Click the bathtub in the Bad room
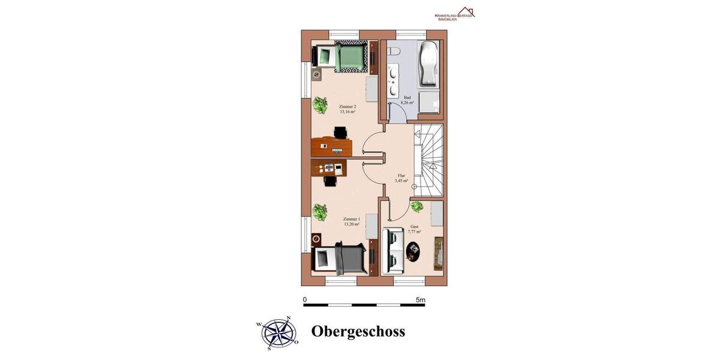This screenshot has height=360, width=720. [x=428, y=64]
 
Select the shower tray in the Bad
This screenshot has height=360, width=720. [x=429, y=101]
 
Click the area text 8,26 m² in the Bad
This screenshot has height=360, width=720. [x=407, y=103]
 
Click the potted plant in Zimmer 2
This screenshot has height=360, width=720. [x=320, y=106]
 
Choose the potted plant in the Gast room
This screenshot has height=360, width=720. [x=416, y=207]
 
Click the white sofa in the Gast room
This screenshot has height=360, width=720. [x=393, y=250]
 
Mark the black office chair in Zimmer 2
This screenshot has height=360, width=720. [x=340, y=132]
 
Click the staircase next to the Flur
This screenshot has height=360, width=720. [x=430, y=160]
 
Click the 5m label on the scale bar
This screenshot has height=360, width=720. [x=420, y=299]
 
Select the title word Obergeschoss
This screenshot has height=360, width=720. [x=358, y=331]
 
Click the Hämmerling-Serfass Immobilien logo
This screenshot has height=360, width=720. [x=454, y=14]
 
